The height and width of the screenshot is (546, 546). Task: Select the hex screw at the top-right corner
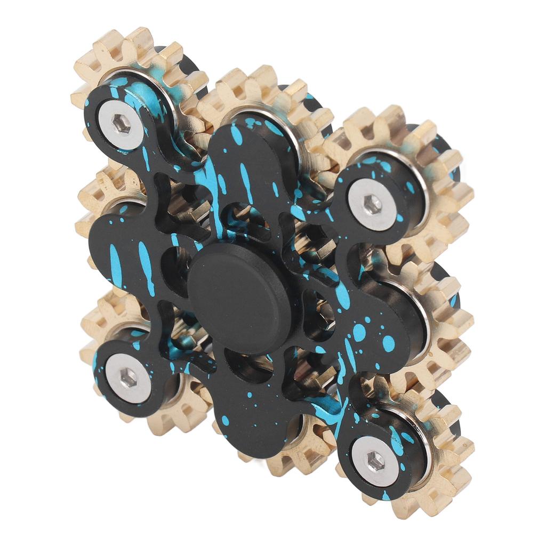pos(372,204)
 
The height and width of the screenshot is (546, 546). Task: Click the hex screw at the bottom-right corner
pos(375,461)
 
